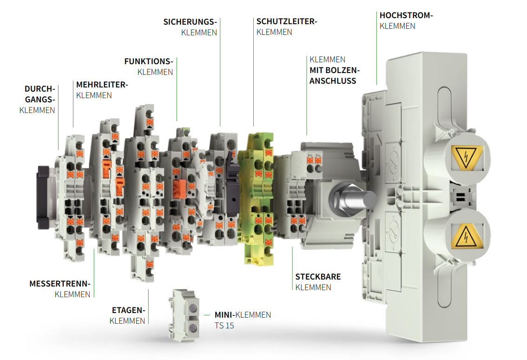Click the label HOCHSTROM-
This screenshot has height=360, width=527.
tap(406, 15)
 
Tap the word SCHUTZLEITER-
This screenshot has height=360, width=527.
tap(286, 21)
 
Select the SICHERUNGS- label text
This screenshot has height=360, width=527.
tap(190, 22)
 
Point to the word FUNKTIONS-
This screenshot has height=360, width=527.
tap(148, 61)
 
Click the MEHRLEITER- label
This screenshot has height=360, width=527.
tap(102, 85)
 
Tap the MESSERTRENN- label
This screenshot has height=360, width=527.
tap(60, 283)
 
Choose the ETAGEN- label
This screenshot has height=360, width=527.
tap(128, 310)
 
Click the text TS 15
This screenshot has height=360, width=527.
tap(224, 326)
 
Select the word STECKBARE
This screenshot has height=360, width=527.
tap(318, 277)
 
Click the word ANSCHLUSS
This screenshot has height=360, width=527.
tap(333, 81)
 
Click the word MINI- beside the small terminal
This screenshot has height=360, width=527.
tap(225, 315)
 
